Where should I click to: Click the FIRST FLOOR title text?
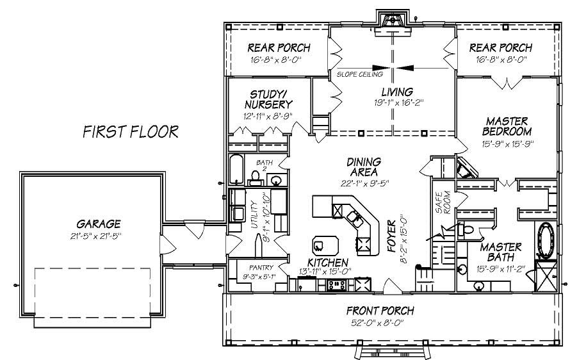131,132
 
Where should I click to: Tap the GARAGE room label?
99,224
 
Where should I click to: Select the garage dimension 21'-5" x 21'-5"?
99,236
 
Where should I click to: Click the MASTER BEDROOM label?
506,127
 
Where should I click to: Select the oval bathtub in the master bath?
546,238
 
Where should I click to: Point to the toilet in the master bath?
466,229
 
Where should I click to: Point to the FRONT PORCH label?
380,311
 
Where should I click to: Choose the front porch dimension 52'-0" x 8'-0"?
380,322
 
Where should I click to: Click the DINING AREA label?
364,167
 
